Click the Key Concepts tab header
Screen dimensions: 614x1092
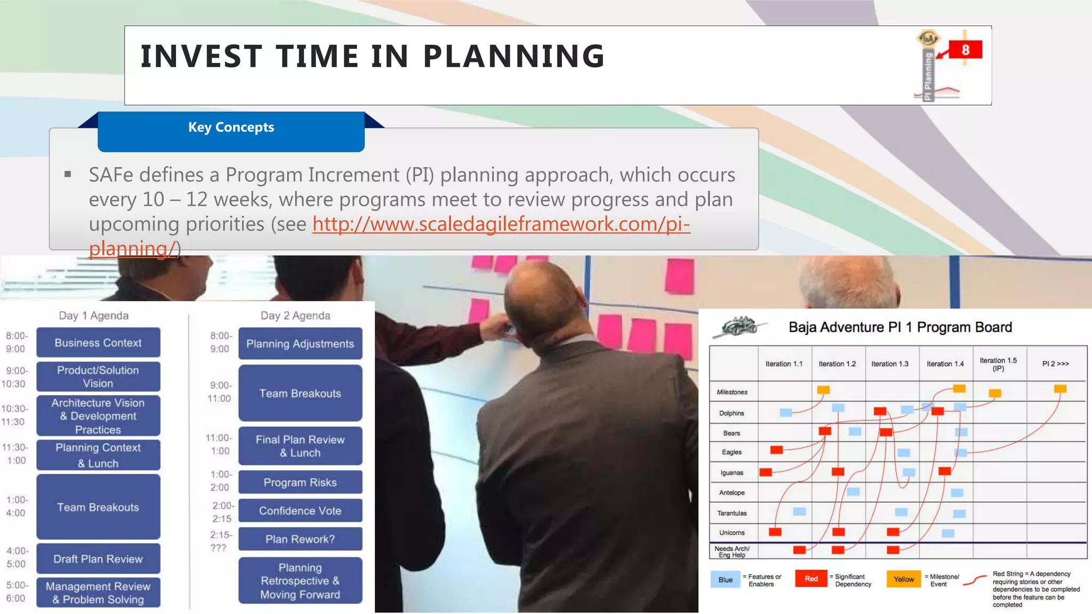click(x=231, y=128)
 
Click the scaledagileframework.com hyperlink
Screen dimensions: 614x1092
click(x=501, y=224)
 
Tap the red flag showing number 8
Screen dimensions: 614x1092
click(x=965, y=50)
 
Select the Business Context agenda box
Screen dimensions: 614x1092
click(x=98, y=343)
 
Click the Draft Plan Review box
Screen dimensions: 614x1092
click(x=98, y=559)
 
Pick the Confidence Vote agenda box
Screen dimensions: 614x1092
click(x=300, y=511)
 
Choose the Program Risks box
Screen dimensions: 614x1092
click(x=300, y=482)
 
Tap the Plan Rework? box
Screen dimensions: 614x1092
click(x=300, y=539)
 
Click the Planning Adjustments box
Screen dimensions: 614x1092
click(x=300, y=344)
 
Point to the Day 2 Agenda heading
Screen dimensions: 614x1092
click(x=295, y=316)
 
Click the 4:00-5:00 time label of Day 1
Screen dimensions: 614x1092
click(x=16, y=557)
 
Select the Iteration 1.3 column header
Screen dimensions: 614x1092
click(x=889, y=364)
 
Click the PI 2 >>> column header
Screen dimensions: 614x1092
click(x=1055, y=364)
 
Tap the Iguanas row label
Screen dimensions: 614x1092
click(x=732, y=473)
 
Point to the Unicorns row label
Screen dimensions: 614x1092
click(x=732, y=532)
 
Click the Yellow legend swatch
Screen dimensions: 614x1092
click(x=903, y=579)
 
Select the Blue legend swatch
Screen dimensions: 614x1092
click(x=725, y=579)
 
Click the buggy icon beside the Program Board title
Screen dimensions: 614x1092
click(x=739, y=326)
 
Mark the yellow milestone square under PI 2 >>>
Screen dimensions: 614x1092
click(x=1060, y=389)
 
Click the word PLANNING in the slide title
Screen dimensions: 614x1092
click(x=513, y=56)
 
